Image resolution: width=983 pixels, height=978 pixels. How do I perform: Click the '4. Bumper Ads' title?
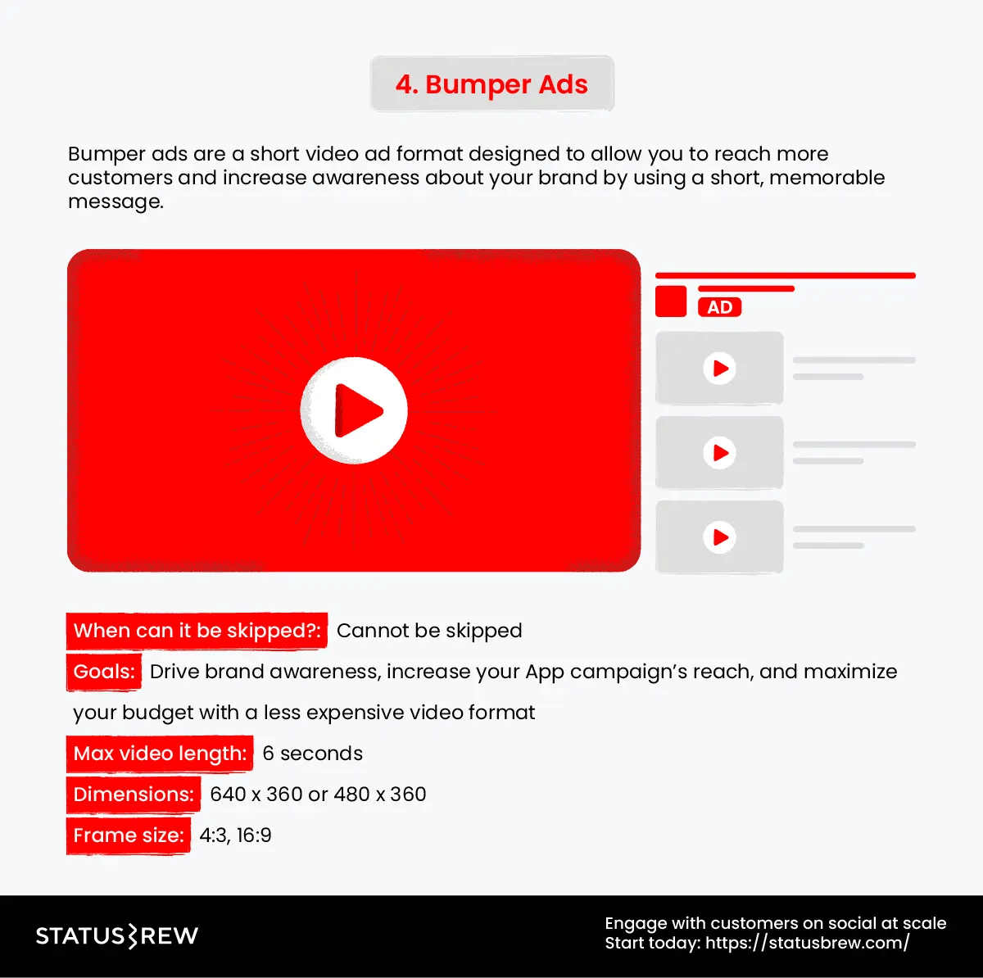[x=491, y=84]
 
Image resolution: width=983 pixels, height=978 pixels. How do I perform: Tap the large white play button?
[x=354, y=410]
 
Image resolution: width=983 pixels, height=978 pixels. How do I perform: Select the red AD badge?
[x=719, y=307]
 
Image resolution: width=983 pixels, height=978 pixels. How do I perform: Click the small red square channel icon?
[x=671, y=301]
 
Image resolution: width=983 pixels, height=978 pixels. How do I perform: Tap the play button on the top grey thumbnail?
[x=719, y=369]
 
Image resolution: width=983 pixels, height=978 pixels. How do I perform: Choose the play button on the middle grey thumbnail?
[x=719, y=453]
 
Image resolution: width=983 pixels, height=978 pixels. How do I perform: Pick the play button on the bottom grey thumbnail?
[x=719, y=537]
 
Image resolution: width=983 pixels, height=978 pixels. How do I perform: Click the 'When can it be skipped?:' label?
[x=197, y=631]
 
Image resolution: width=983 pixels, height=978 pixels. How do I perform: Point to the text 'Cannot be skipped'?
[x=429, y=631]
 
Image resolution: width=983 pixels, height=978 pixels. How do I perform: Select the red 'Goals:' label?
[x=104, y=672]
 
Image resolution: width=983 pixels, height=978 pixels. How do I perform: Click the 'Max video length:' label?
[x=160, y=754]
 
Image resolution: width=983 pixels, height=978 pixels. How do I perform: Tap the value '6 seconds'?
[x=312, y=754]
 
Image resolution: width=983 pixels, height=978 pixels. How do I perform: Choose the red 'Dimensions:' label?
[x=134, y=795]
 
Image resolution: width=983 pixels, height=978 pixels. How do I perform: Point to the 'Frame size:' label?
[x=129, y=835]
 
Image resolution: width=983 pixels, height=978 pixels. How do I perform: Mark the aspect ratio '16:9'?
[x=254, y=835]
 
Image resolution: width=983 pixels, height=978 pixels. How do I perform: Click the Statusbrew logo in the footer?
[x=117, y=935]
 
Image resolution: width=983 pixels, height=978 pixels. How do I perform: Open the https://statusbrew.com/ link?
[x=807, y=943]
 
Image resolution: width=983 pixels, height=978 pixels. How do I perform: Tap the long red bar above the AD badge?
[x=785, y=276]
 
